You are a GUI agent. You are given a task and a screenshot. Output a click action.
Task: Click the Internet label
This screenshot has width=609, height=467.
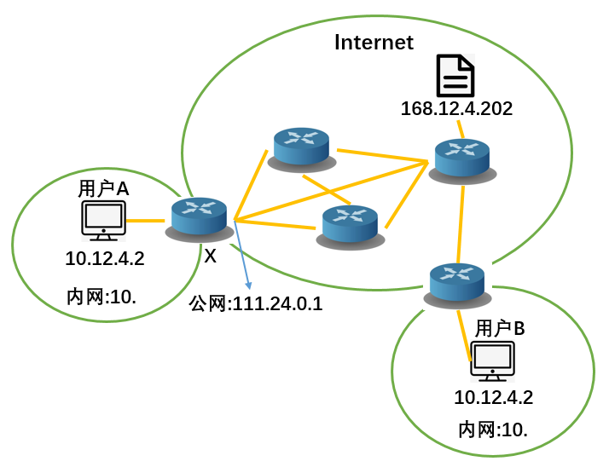374,43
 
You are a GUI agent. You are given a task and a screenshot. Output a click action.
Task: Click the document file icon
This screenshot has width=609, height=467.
455,76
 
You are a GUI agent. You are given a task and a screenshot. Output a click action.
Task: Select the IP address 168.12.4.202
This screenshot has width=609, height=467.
456,109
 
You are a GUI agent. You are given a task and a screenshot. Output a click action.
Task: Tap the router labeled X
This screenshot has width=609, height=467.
199,217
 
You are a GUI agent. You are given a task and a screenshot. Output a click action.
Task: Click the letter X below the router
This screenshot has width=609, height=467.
210,256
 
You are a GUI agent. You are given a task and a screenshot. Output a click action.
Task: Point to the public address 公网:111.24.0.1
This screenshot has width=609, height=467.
256,303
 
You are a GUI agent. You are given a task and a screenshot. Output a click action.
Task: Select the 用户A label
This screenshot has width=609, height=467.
103,188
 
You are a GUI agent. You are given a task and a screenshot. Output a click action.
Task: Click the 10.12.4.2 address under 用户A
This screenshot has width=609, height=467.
105,258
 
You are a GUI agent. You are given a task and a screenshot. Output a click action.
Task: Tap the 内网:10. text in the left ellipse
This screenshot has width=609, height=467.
101,297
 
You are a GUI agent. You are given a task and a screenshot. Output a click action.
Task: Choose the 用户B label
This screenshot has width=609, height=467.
500,328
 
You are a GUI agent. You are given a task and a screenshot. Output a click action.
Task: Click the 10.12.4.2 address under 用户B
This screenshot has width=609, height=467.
493,397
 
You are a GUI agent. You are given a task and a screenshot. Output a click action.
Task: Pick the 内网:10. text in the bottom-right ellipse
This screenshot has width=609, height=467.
493,430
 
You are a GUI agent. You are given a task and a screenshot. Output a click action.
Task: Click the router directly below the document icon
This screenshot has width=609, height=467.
462,159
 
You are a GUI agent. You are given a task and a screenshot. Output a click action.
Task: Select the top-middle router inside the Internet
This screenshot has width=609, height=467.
301,148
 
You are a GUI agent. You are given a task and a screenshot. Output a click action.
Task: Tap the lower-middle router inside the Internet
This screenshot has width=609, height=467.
350,226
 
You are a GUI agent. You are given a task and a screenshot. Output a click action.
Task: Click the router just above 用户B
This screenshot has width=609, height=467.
457,284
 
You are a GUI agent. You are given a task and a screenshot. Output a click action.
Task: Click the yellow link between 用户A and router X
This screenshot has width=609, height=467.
146,221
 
